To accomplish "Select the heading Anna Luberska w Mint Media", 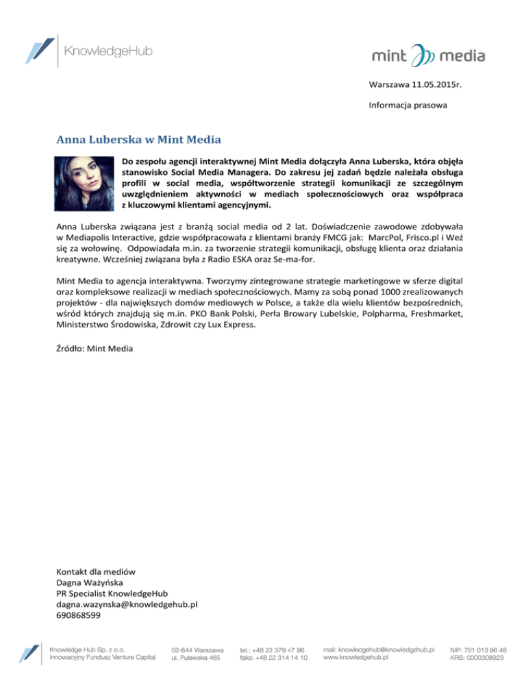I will [x=138, y=141].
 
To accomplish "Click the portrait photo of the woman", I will [x=84, y=180].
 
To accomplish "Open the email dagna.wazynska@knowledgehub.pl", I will [x=127, y=605].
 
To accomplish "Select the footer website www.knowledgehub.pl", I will [x=355, y=657].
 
